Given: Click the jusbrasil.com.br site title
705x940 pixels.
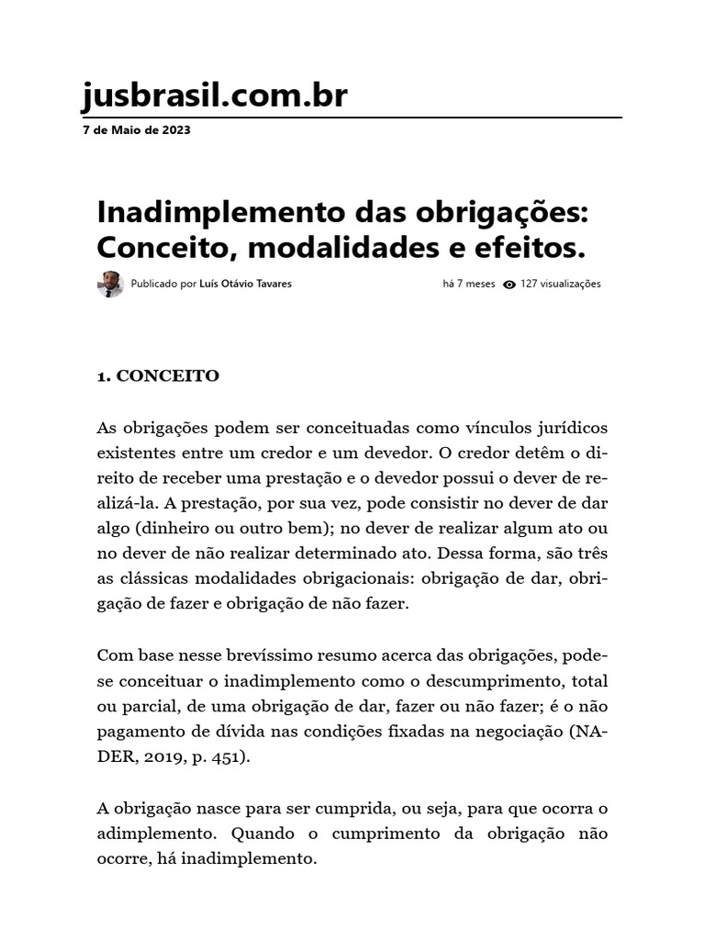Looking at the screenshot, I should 215,95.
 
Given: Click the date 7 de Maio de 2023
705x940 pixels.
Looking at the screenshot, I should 137,130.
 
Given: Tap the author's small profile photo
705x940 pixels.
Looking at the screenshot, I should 110,285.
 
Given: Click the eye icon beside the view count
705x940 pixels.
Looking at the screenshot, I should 509,285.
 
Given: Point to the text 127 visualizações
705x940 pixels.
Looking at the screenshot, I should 560,285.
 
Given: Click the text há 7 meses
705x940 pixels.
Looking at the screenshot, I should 468,285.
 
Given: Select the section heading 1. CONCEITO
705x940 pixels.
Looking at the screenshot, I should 158,376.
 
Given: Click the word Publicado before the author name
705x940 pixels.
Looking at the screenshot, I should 155,285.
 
